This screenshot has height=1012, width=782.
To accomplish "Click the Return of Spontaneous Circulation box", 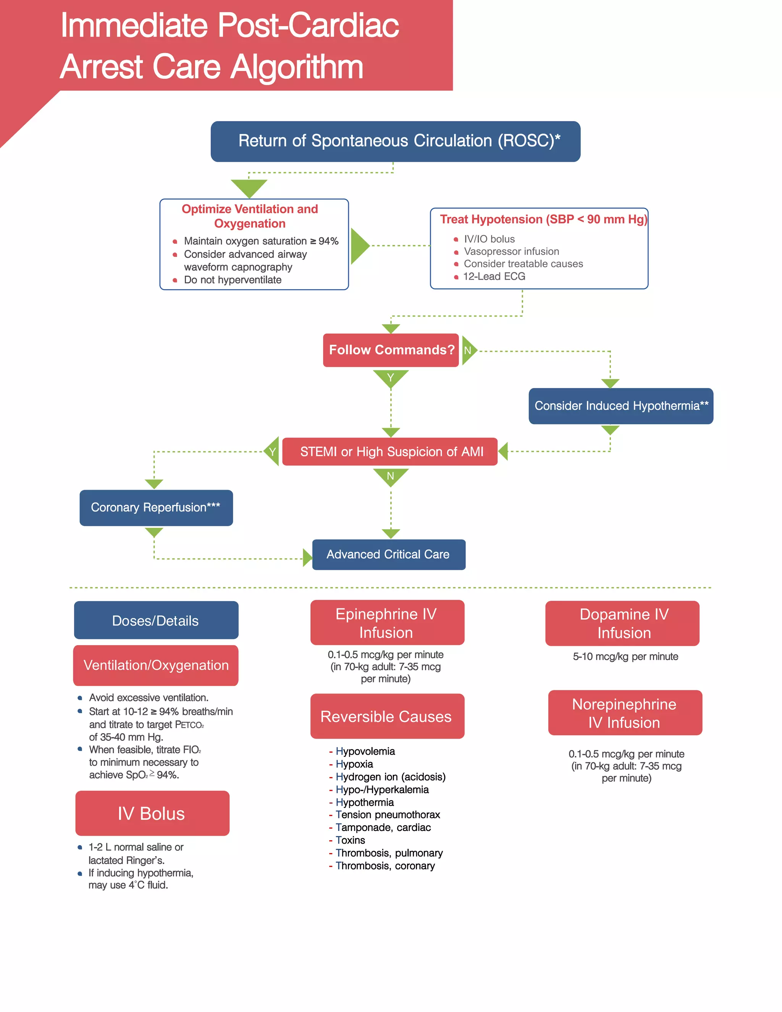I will pyautogui.click(x=395, y=141).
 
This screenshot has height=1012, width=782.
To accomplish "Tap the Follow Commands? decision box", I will pyautogui.click(x=391, y=350).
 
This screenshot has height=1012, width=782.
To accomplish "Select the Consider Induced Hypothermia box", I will pyautogui.click(x=620, y=406).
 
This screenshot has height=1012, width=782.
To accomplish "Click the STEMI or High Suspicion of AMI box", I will pyautogui.click(x=389, y=452).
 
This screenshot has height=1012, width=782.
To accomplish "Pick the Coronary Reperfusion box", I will pyautogui.click(x=156, y=508).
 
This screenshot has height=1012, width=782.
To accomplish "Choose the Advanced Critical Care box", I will pyautogui.click(x=388, y=554).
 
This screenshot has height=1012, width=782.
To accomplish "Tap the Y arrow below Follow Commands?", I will pyautogui.click(x=391, y=377).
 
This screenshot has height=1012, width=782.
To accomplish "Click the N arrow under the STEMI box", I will pyautogui.click(x=391, y=476).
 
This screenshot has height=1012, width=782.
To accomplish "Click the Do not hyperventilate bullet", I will pyautogui.click(x=233, y=280).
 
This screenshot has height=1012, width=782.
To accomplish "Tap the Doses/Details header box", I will pyautogui.click(x=156, y=621).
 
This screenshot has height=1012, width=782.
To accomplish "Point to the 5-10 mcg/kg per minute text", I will pyautogui.click(x=625, y=656).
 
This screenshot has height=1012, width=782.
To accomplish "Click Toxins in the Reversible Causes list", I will pyautogui.click(x=350, y=841).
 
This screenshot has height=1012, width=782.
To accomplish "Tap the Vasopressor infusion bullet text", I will pyautogui.click(x=511, y=252).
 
